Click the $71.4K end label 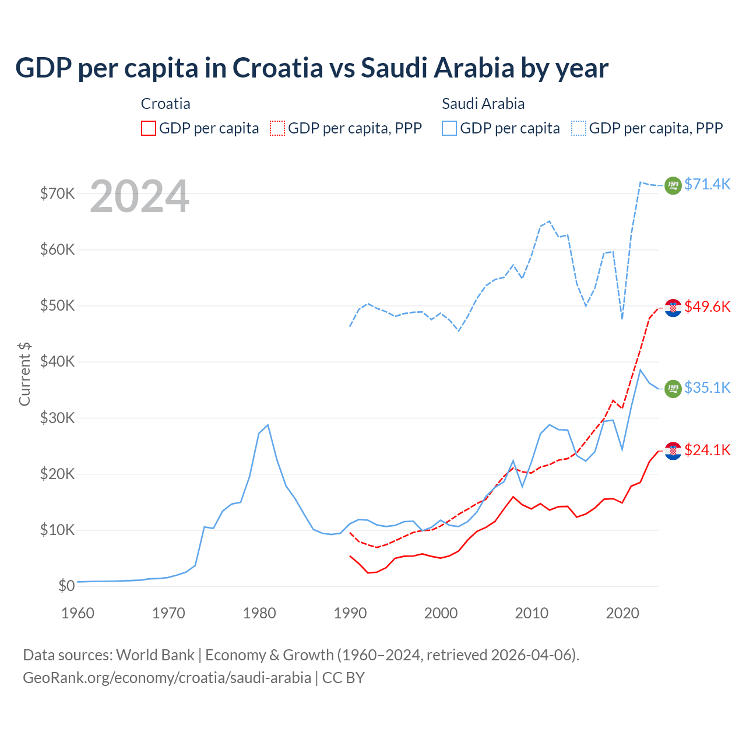(x=707, y=184)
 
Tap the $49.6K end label (x=707, y=307)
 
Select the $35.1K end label (x=707, y=388)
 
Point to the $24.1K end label (x=707, y=450)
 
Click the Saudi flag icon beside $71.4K (x=673, y=185)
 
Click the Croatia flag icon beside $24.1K (x=673, y=451)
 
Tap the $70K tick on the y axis (x=57, y=193)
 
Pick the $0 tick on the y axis (x=66, y=586)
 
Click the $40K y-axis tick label (x=57, y=362)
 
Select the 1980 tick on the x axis (x=259, y=613)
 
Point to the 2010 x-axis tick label (x=532, y=613)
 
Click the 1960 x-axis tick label (x=78, y=613)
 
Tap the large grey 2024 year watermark (x=139, y=197)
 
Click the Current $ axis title (x=24, y=374)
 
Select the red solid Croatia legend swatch (x=149, y=128)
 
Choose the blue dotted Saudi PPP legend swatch (x=579, y=128)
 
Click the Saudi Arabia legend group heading (x=483, y=104)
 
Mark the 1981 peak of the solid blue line (x=268, y=425)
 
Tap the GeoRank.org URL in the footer (x=167, y=678)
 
